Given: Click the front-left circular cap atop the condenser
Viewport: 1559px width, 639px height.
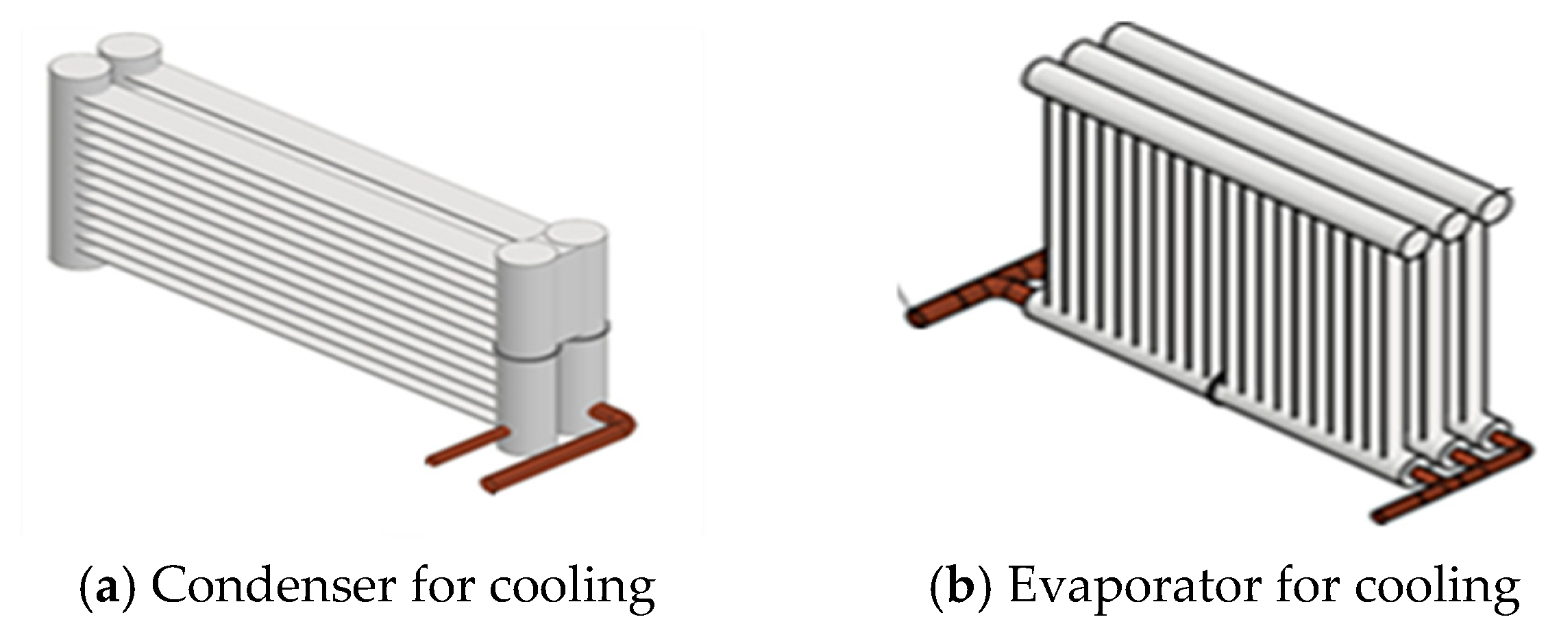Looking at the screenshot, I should [77, 69].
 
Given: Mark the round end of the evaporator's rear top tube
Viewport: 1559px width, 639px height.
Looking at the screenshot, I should [1493, 206].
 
